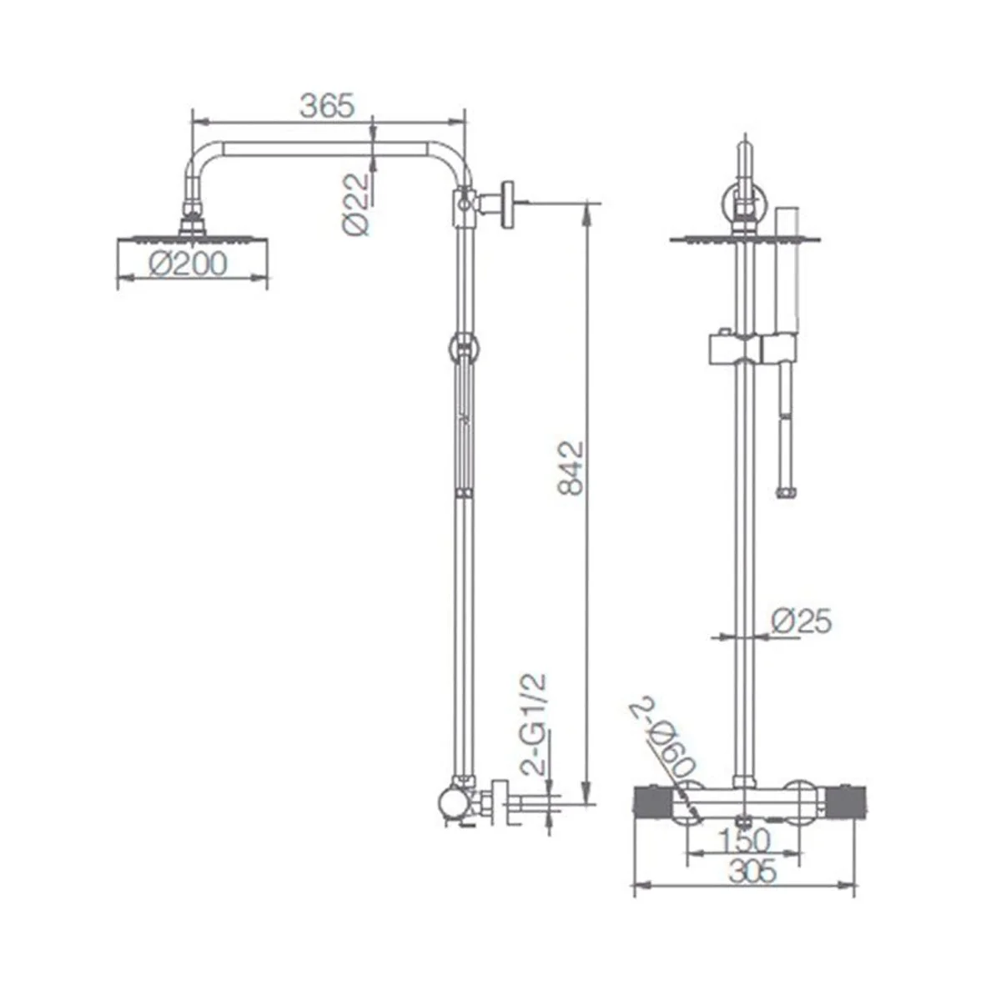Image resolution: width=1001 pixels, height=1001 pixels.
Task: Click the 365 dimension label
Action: [327, 107]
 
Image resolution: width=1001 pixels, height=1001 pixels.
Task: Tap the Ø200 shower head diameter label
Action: [188, 264]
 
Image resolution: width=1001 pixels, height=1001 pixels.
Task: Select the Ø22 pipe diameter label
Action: [356, 204]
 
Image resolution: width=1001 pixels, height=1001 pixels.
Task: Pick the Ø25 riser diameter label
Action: [802, 621]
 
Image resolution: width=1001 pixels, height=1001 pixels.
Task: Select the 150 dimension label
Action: [743, 841]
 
